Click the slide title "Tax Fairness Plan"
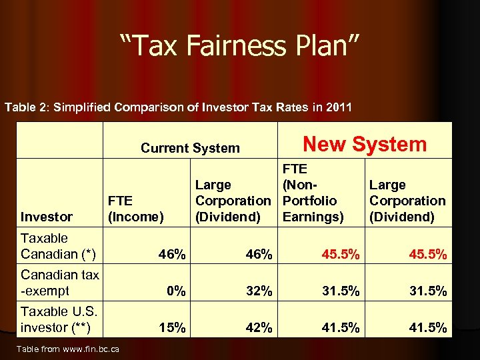click(x=240, y=47)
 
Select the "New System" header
click(x=364, y=144)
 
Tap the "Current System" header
click(x=190, y=148)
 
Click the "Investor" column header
click(x=47, y=217)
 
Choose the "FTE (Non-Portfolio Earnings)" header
click(x=313, y=193)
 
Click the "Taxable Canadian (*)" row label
click(x=58, y=246)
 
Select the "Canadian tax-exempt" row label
click(x=59, y=283)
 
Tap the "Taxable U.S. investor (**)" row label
click(x=58, y=319)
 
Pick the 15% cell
click(x=172, y=327)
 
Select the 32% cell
click(x=258, y=291)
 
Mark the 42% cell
click(x=258, y=327)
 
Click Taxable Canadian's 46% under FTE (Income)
click(x=172, y=254)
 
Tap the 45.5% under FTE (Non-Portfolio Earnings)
click(x=341, y=254)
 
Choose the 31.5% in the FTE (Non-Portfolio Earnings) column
click(x=341, y=291)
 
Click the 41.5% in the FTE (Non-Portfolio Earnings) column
click(x=341, y=327)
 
